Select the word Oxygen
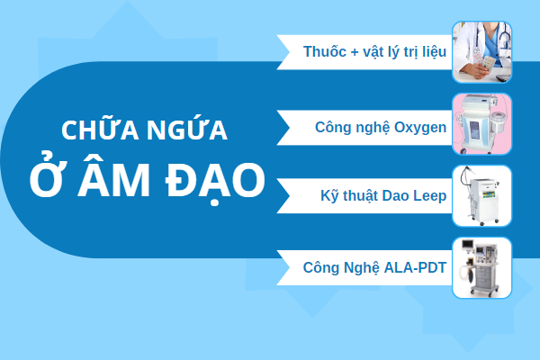click(420, 128)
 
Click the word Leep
click(430, 195)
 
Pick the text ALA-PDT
click(415, 267)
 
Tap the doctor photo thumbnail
click(481, 52)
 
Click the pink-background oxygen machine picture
click(481, 123)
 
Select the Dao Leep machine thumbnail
click(481, 195)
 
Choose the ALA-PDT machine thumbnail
click(481, 267)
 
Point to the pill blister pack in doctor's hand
click(487, 63)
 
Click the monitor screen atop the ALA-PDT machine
click(467, 245)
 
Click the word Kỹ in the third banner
click(328, 196)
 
